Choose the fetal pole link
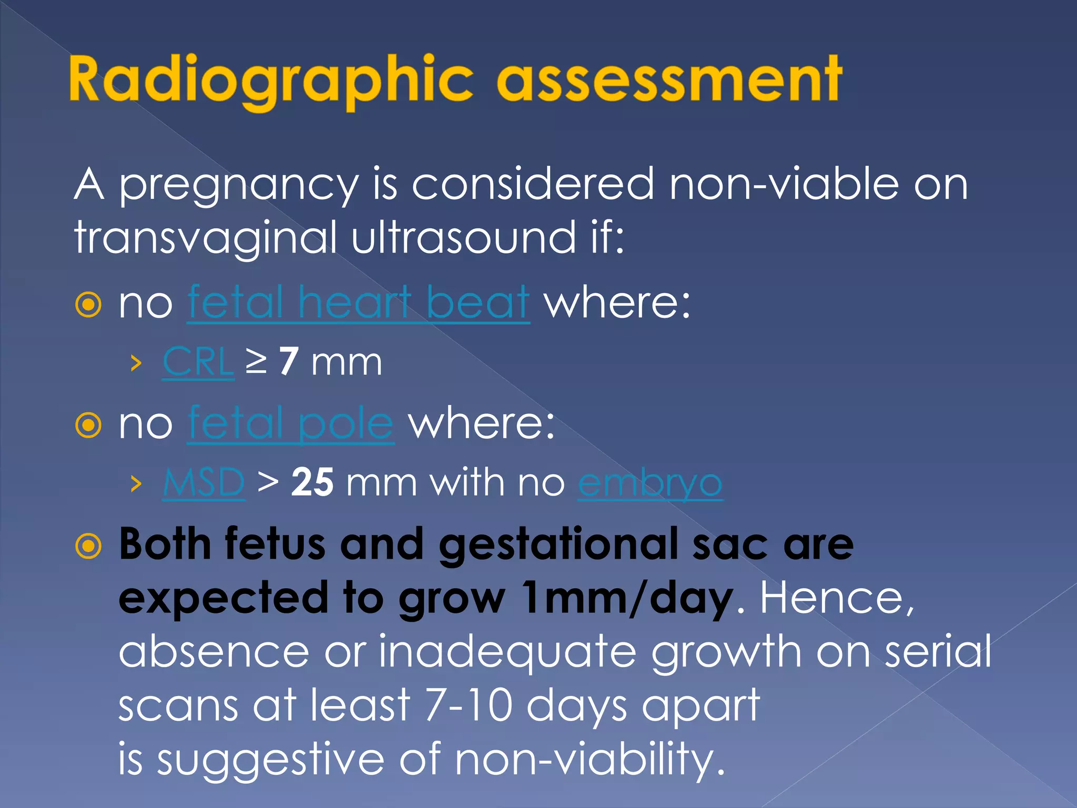point(290,423)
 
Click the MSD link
point(204,482)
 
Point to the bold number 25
point(312,482)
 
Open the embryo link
point(650,482)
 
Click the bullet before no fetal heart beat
point(88,305)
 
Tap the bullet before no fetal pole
point(88,425)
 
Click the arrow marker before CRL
point(136,363)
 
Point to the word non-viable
point(784,185)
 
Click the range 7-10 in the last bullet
point(468,705)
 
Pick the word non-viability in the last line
point(589,759)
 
